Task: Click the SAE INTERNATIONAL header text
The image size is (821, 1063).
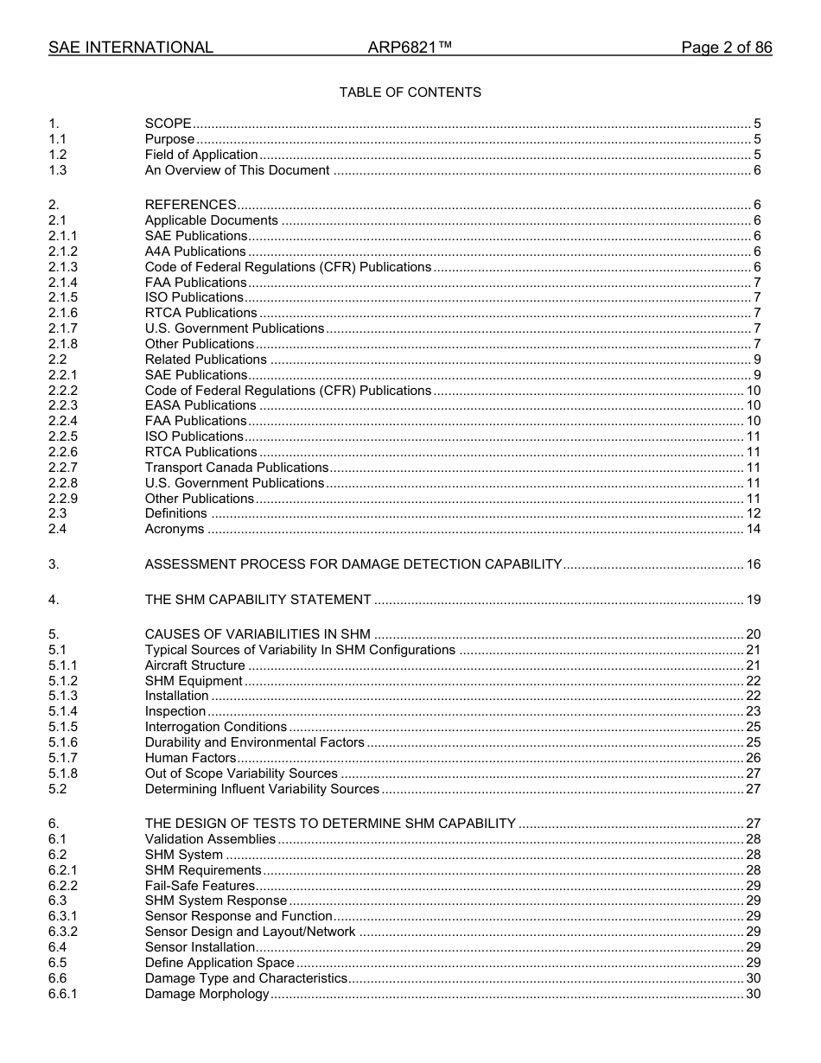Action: click(130, 48)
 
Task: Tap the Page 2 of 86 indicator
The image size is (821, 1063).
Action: click(726, 48)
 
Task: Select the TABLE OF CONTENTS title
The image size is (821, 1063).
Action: click(410, 92)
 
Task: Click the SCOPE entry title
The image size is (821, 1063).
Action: click(168, 124)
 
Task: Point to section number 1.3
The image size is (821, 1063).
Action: click(57, 170)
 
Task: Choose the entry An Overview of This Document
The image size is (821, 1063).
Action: click(237, 170)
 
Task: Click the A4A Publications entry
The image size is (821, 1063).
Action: click(195, 251)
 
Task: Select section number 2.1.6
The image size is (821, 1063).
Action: click(62, 313)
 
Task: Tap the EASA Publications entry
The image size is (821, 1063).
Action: click(200, 405)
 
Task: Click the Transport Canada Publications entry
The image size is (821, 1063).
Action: click(237, 468)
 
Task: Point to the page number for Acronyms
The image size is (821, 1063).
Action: click(753, 529)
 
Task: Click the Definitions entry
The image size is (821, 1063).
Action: click(175, 513)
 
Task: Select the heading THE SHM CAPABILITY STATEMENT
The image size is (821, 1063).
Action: click(258, 600)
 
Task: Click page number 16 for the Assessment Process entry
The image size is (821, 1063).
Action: click(753, 564)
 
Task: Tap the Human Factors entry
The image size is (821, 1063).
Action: click(190, 758)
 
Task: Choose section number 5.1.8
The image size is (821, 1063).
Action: click(62, 773)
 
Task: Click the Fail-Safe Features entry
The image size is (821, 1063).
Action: click(200, 886)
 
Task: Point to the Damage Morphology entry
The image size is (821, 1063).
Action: click(207, 994)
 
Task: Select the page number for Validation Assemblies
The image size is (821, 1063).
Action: click(753, 839)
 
